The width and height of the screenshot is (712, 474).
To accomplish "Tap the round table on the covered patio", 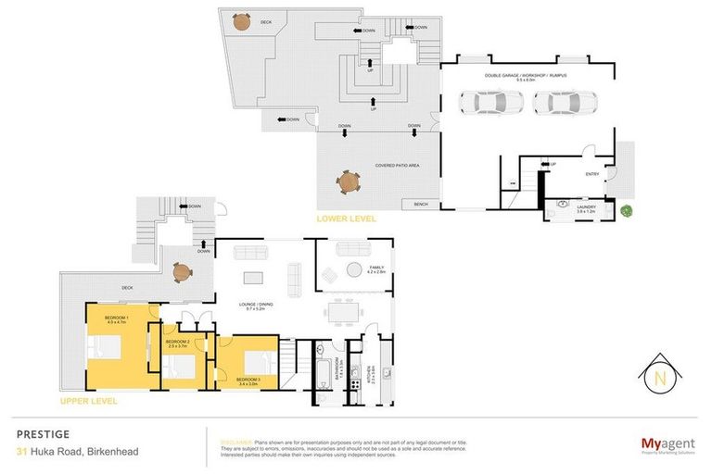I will [349, 180].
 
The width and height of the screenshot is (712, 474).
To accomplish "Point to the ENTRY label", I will [591, 173].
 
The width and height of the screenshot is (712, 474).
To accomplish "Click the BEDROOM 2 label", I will [177, 342].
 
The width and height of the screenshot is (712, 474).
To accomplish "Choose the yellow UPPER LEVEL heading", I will [88, 403].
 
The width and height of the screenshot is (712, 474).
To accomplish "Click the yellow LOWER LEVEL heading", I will [345, 219].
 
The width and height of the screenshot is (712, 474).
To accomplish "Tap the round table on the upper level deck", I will [182, 272].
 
